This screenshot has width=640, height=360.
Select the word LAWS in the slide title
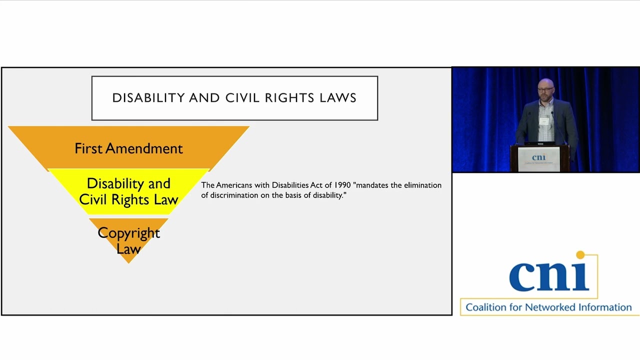pos(338,98)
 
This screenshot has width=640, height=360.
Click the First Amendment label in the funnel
pos(128,148)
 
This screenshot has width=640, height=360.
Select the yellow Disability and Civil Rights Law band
pos(128,191)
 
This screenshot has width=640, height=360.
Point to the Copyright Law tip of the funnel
pos(128,240)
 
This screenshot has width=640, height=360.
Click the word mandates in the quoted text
pos(371,185)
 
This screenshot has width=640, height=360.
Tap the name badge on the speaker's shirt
pos(543,121)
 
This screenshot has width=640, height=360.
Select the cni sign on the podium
pos(538,159)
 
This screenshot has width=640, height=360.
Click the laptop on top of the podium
pos(539,143)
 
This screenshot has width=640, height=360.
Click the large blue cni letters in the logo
pos(549,276)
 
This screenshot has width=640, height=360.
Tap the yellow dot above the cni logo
pos(580,255)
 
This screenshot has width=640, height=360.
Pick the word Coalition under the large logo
pos(485,307)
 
